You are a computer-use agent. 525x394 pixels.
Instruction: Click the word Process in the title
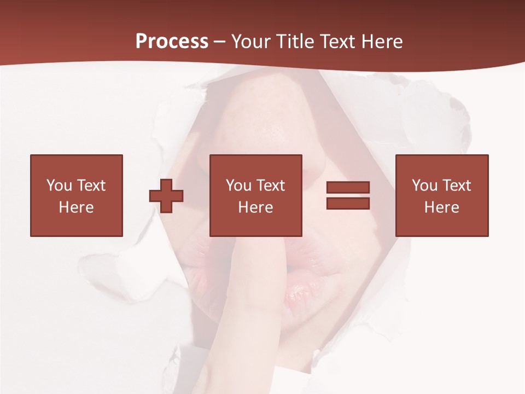coord(172,42)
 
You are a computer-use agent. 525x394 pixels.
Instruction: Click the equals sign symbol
coord(348,195)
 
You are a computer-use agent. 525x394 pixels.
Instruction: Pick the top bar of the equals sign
coord(348,188)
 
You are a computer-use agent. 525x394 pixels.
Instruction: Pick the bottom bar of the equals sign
coord(348,203)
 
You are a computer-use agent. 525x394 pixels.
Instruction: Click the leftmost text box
coord(76,195)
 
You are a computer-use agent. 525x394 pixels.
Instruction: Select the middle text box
coord(255,195)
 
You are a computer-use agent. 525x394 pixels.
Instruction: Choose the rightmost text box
coord(441,195)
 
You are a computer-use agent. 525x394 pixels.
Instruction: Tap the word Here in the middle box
coord(255,207)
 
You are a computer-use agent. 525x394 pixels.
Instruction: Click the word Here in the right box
coord(441,207)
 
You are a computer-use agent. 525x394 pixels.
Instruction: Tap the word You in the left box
coord(59,186)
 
